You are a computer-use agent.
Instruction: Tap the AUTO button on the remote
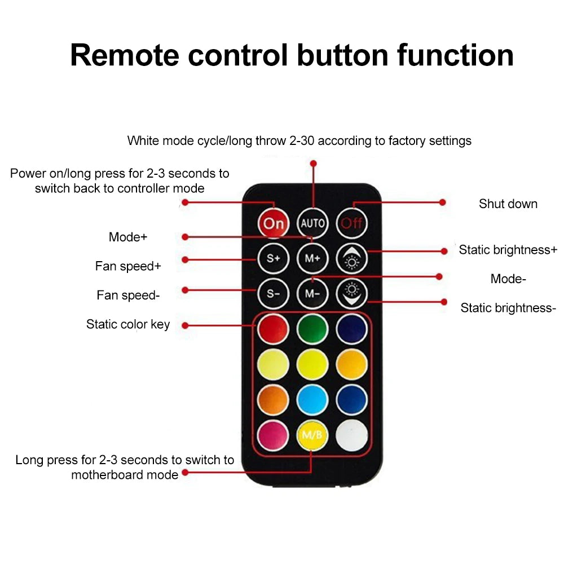pyautogui.click(x=312, y=223)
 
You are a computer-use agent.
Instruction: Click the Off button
pyautogui.click(x=352, y=223)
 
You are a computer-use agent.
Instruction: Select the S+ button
pyautogui.click(x=274, y=258)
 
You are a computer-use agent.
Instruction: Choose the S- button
pyautogui.click(x=274, y=294)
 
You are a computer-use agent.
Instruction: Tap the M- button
pyautogui.click(x=312, y=294)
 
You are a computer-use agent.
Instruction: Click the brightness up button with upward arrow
pyautogui.click(x=352, y=258)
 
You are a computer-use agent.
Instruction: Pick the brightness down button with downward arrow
pyautogui.click(x=352, y=294)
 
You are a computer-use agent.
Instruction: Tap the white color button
pyautogui.click(x=352, y=435)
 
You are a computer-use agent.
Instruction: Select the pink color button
pyautogui.click(x=274, y=435)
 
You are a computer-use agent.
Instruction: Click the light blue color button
pyautogui.click(x=312, y=400)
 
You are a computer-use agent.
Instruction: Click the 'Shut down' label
pyautogui.click(x=508, y=204)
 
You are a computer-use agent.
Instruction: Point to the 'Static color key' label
pyautogui.click(x=128, y=324)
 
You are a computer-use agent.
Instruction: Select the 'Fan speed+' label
pyautogui.click(x=128, y=266)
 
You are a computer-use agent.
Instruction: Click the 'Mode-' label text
pyautogui.click(x=508, y=279)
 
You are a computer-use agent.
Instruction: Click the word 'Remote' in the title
pyautogui.click(x=125, y=55)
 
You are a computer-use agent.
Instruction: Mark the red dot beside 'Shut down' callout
pyautogui.click(x=443, y=202)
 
